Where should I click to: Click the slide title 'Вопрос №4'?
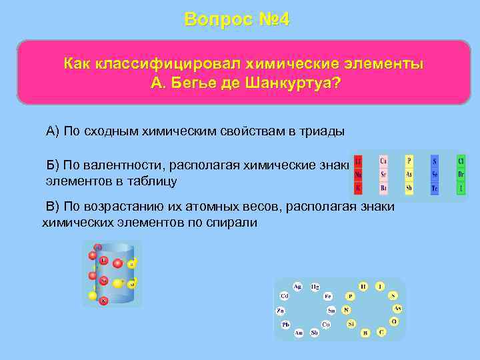237,19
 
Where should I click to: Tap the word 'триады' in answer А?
325,131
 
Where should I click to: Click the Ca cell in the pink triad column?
383,161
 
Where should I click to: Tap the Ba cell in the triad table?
383,189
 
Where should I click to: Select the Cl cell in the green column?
461,161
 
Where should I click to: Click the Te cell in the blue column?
435,189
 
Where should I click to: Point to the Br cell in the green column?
461,175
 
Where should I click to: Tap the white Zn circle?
281,311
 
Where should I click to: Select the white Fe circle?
327,296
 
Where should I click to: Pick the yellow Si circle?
351,324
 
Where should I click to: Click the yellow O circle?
393,321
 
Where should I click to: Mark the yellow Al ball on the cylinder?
131,284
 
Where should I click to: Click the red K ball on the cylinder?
103,301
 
